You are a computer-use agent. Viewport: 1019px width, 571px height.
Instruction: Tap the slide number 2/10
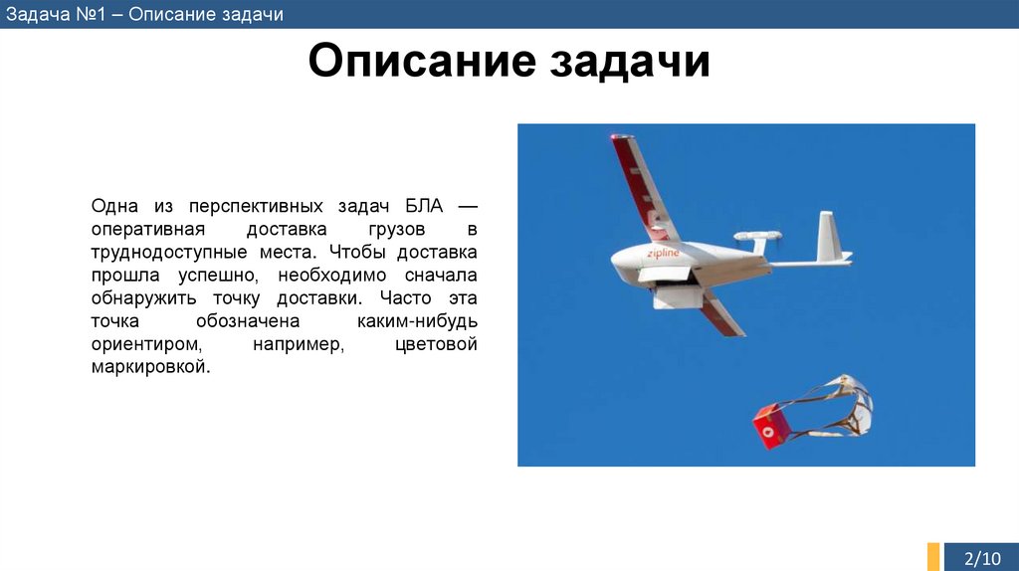pyautogui.click(x=984, y=558)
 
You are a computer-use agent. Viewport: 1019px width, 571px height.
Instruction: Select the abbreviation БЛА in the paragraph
pyautogui.click(x=425, y=206)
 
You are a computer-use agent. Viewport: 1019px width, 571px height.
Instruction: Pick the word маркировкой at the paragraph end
pyautogui.click(x=151, y=366)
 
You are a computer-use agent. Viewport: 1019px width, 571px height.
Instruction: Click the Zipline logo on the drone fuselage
pyautogui.click(x=663, y=254)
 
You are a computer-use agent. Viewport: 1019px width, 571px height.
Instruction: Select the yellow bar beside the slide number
pyautogui.click(x=933, y=556)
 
